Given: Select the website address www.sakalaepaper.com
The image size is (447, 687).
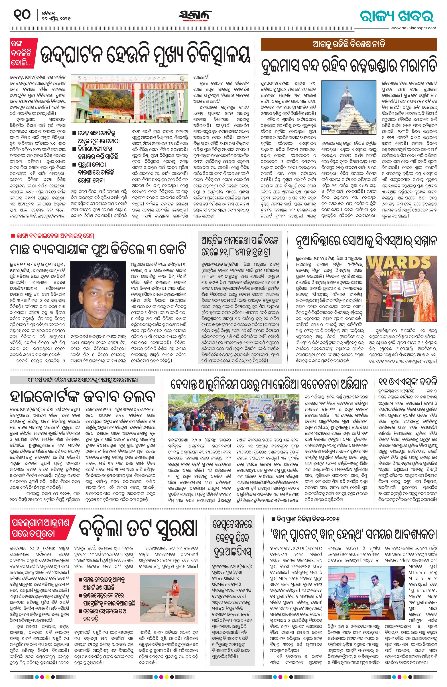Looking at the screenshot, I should click(x=413, y=28).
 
